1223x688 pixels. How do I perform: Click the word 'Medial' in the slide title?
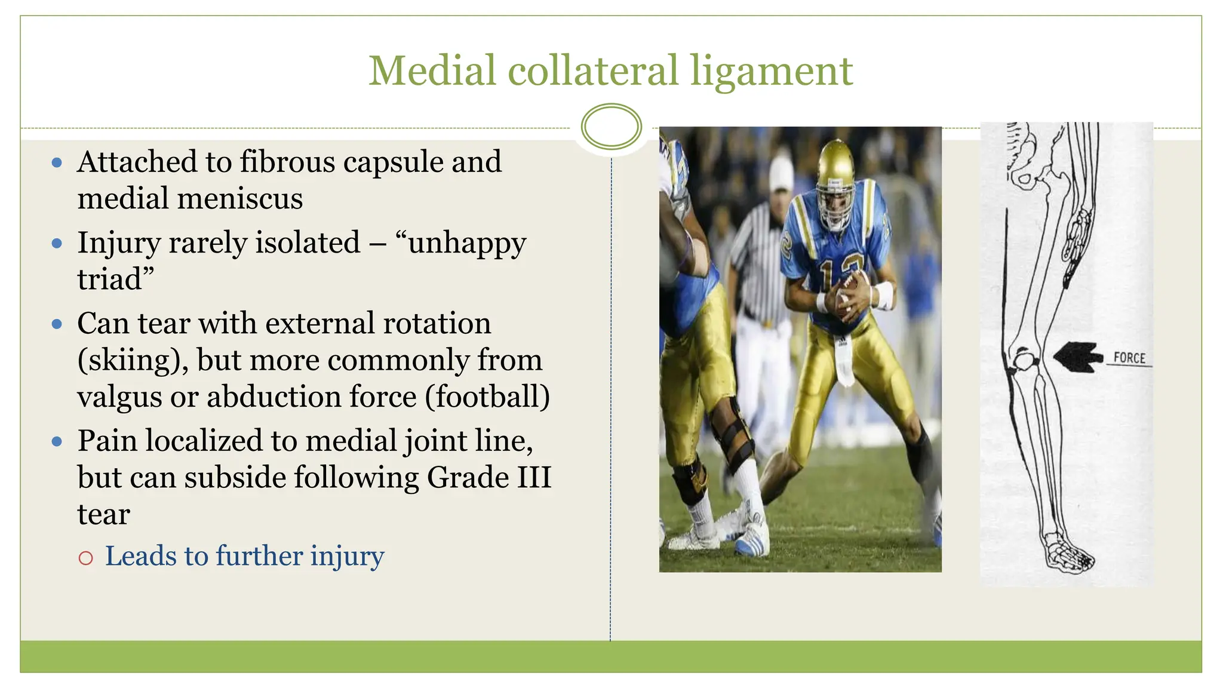point(432,70)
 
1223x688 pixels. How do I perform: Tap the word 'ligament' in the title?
point(772,72)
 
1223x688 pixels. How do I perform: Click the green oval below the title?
point(611,127)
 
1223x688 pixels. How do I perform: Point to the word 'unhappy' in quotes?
point(466,243)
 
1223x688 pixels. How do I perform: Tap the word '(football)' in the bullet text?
point(487,397)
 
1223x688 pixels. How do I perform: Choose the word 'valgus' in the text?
point(119,397)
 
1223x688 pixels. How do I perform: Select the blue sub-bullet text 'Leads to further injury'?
point(245,556)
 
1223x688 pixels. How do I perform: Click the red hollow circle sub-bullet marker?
point(86,558)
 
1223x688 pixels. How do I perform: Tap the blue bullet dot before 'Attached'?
point(57,162)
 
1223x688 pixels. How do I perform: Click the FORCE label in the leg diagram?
point(1129,358)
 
